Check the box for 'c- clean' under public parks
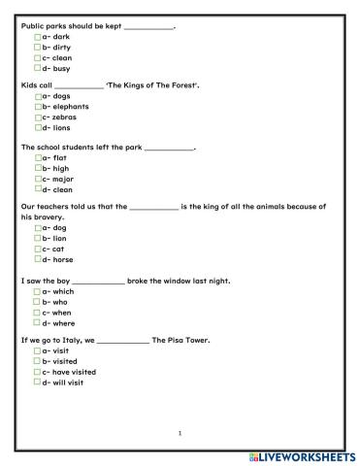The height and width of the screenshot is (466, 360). point(36,58)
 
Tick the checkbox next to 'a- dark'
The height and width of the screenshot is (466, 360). point(36,36)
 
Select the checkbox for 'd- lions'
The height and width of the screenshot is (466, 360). point(36,127)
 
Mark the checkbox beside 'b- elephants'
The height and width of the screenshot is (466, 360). point(36,106)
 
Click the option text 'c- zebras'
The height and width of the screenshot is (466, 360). point(59,116)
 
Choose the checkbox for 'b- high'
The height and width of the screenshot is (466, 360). point(36,168)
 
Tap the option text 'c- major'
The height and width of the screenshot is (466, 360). point(57,179)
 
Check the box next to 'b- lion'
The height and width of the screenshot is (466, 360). point(36,238)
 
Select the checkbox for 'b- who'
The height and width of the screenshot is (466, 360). point(36,301)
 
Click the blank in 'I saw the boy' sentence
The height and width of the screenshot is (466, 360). point(98,281)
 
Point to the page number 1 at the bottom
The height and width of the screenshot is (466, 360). point(180,432)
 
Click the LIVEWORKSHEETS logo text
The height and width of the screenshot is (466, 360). point(308,455)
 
